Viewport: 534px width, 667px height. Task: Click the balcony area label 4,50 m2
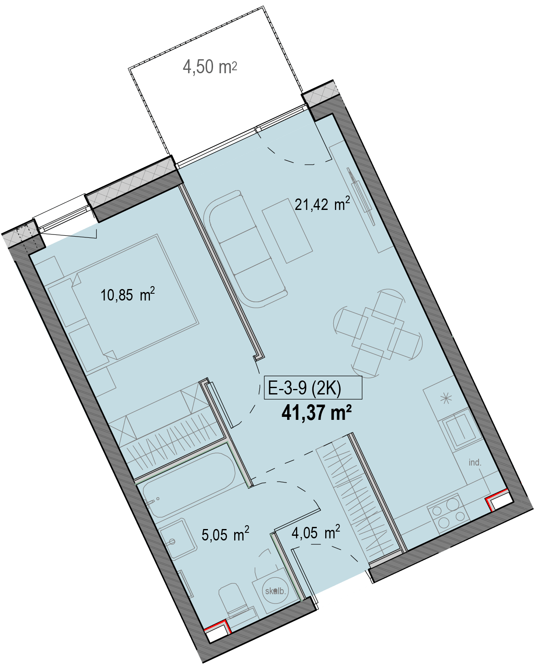(210, 66)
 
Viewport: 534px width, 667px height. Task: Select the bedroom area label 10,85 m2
(127, 295)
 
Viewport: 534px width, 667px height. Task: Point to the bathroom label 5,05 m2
(225, 535)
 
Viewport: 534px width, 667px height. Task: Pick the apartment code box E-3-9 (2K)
(313, 387)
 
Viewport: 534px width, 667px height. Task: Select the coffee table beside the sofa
(287, 231)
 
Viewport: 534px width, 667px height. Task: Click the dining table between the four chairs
(378, 333)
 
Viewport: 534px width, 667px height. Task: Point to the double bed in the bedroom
(135, 298)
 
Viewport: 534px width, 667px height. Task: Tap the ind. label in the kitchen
(475, 463)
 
